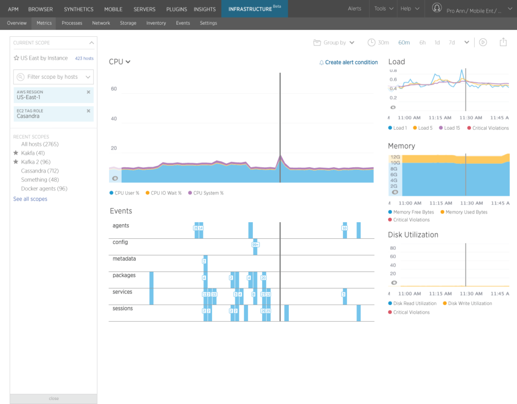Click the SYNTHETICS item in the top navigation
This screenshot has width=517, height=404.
coord(78,9)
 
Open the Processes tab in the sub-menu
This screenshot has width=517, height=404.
coord(72,23)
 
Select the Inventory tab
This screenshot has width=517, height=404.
coord(156,23)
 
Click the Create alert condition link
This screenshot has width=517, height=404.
coord(351,63)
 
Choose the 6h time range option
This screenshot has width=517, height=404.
coord(422,42)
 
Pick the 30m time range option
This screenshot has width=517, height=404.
coord(383,42)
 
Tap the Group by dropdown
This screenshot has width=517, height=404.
coord(334,42)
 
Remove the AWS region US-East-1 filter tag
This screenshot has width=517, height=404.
coord(88,92)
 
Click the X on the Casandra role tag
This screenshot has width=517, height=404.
coord(88,111)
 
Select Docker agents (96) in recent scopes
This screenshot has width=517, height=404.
coord(44,189)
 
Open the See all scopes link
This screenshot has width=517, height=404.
coord(30,199)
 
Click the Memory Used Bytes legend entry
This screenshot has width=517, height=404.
coord(466,212)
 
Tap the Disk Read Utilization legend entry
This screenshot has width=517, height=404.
coord(415,304)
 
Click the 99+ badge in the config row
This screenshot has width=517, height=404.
coord(255,244)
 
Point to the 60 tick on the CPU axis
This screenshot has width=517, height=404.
coord(114,89)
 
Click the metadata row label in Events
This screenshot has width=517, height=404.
coord(124,259)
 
